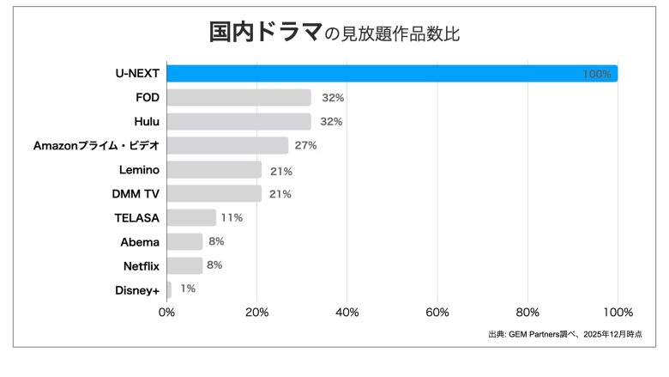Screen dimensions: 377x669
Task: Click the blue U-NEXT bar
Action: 392,74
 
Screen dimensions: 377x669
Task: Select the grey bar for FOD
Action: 238,98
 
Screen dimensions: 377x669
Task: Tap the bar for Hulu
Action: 238,122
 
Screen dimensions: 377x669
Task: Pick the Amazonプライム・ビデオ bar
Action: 227,146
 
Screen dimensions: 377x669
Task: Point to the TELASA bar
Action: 191,218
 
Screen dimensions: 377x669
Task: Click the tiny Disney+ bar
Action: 169,290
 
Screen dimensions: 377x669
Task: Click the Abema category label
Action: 140,242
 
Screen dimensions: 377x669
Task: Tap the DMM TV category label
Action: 136,194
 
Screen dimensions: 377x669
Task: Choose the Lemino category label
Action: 138,170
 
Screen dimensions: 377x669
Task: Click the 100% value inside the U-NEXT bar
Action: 596,75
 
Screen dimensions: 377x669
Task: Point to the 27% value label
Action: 306,146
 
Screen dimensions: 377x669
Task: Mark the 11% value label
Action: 232,218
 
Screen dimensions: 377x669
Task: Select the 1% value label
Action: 187,289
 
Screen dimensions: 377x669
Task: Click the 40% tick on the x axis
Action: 347,312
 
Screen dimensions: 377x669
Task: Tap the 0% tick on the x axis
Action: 167,312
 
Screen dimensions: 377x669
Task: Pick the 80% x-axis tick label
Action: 527,312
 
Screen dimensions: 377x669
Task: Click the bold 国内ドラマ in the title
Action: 265,33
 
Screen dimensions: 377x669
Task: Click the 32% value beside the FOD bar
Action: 333,98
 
